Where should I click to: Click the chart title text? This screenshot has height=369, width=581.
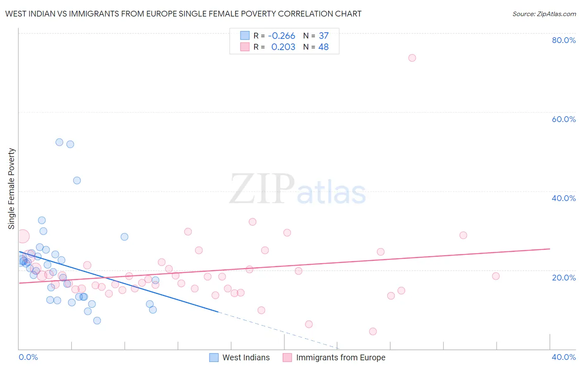[183, 14]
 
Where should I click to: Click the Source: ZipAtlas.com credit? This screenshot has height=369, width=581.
[544, 14]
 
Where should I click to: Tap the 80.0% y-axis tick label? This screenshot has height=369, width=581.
[564, 40]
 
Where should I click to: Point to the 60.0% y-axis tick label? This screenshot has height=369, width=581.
[564, 119]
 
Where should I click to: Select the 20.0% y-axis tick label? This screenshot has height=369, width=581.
[564, 277]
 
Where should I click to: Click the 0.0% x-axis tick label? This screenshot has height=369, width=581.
[28, 357]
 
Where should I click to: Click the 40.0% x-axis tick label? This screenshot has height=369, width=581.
[564, 357]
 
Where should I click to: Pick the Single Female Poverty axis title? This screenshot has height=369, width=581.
[12, 189]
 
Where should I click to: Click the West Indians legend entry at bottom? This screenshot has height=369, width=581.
[240, 357]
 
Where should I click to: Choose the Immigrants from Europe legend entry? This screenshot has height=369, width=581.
[334, 357]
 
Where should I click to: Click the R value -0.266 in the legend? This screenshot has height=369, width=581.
[281, 36]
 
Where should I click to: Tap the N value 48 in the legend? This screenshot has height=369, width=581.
[323, 47]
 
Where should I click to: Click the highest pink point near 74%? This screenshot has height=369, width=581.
[412, 58]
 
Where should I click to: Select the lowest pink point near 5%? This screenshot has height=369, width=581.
[373, 331]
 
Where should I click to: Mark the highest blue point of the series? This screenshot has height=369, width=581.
[60, 142]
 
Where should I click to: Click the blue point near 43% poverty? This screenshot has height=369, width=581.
[77, 180]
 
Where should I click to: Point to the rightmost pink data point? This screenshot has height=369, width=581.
[496, 276]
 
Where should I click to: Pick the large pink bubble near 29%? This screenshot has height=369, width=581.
[23, 236]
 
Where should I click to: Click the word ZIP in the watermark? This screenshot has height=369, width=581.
[262, 190]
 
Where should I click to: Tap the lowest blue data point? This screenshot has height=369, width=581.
[97, 321]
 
